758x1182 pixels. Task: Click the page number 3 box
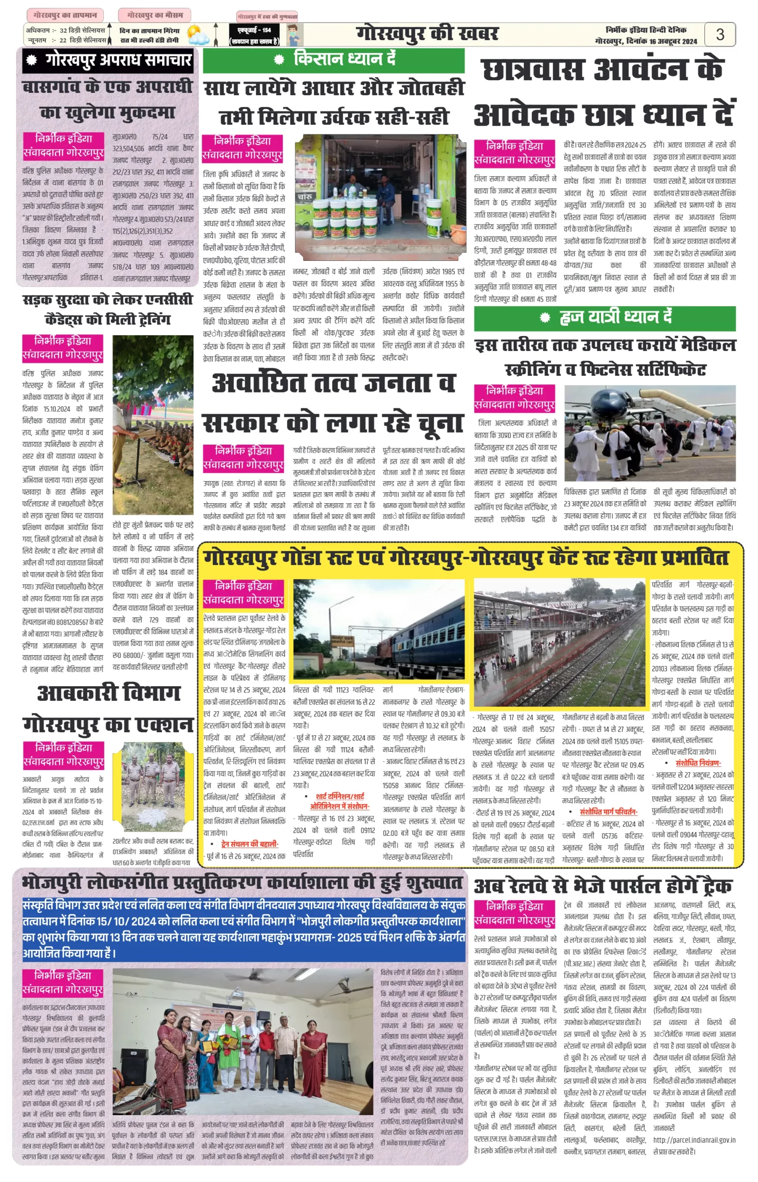click(x=720, y=35)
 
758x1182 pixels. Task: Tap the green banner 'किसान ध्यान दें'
click(x=334, y=60)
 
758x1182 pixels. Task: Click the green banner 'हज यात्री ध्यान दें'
click(x=604, y=318)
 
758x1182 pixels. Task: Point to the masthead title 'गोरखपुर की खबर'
click(x=427, y=34)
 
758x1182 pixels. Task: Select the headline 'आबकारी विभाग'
click(x=109, y=693)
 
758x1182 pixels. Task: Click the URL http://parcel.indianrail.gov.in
click(x=694, y=1140)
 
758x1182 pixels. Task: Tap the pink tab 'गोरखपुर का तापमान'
click(x=65, y=15)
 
